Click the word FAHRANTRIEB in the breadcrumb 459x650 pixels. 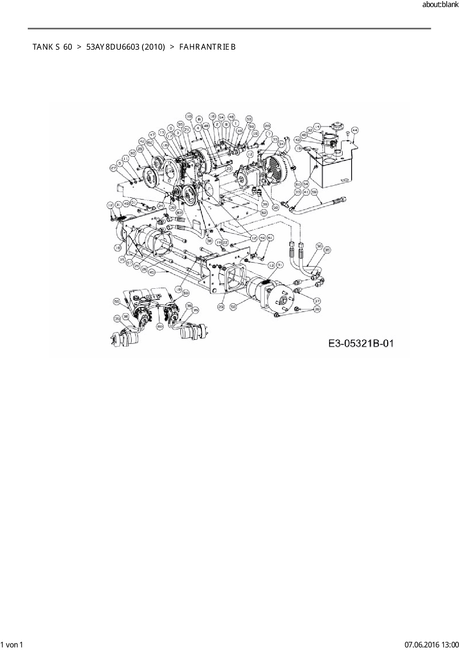(207, 47)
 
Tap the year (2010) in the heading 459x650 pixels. (153, 47)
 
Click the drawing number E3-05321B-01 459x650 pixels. (361, 344)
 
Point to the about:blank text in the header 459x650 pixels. (440, 5)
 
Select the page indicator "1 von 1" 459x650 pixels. (12, 644)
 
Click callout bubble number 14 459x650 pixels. (317, 127)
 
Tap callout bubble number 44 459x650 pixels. (355, 130)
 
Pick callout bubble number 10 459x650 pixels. (189, 116)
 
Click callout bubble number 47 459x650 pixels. (152, 135)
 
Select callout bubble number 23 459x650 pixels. (228, 169)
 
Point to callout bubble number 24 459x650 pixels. (161, 205)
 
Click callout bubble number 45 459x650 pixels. (152, 272)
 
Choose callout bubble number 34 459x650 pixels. (282, 143)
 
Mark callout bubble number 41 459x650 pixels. (306, 192)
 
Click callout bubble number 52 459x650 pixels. (264, 213)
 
